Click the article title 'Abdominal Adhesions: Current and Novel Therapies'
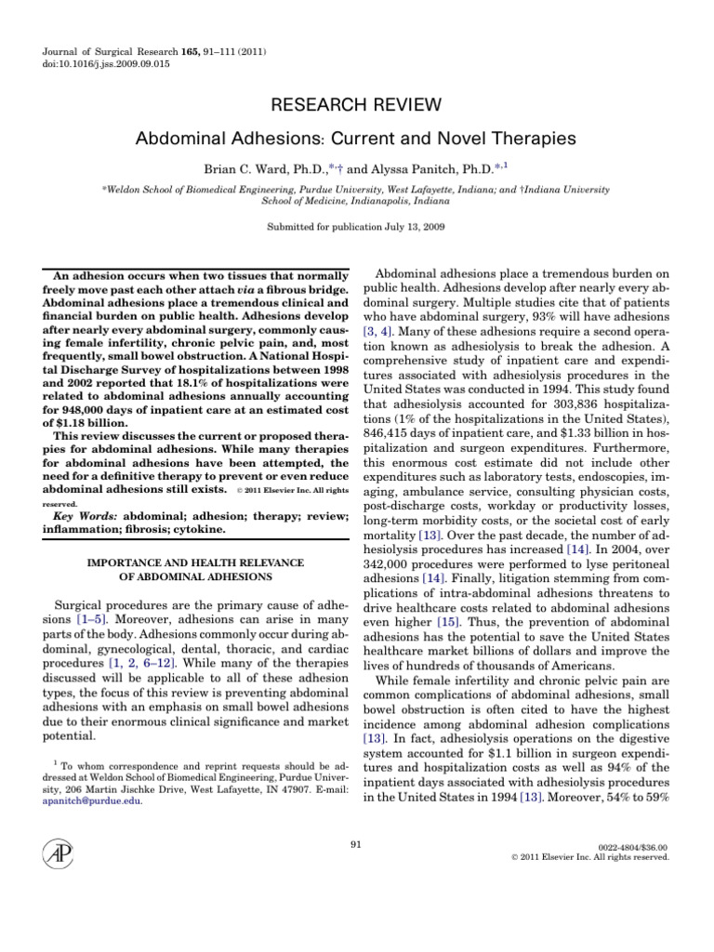[x=357, y=139]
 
